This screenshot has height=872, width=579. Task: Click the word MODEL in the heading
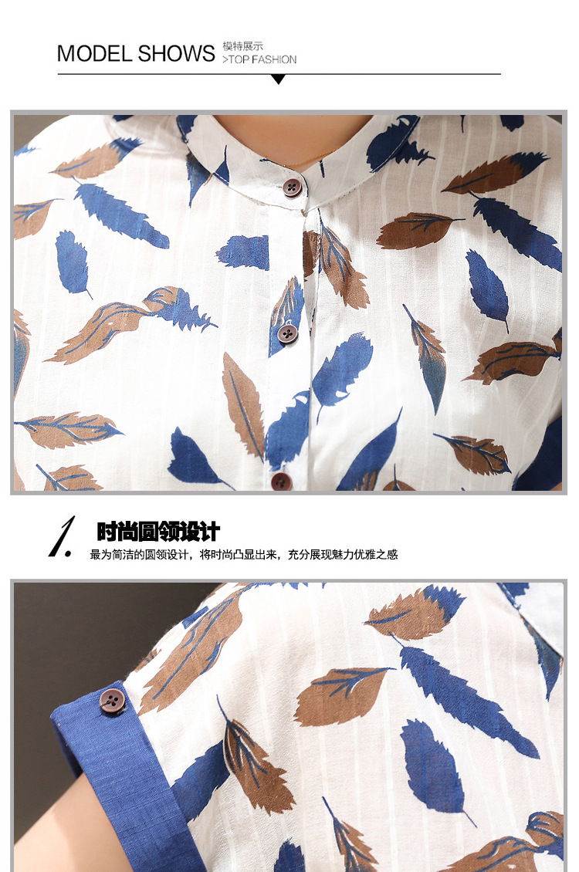(94, 54)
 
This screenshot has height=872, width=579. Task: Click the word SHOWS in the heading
(176, 54)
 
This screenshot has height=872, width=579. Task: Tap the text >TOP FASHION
(259, 59)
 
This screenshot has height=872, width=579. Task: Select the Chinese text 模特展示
(242, 46)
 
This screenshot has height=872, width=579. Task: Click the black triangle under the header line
(278, 79)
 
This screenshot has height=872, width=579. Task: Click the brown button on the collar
(292, 187)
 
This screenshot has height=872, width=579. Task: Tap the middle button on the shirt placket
(287, 333)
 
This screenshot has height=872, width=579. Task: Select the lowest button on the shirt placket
(281, 481)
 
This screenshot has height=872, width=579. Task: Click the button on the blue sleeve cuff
(113, 700)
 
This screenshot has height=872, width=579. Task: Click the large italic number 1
(63, 536)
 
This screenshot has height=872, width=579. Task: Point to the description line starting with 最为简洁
(244, 555)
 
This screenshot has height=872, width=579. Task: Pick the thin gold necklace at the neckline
(305, 161)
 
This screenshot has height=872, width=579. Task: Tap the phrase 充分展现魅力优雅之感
(343, 555)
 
